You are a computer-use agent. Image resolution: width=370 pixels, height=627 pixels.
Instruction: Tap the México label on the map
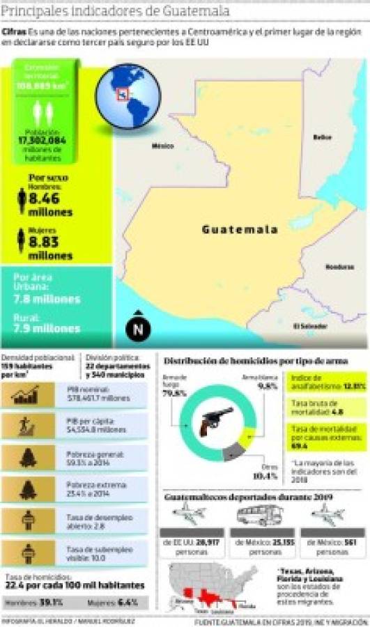point(162,146)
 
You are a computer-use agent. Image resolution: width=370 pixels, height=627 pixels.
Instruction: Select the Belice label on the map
point(321,137)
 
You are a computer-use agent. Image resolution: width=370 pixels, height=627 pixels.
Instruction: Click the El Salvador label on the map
point(305,325)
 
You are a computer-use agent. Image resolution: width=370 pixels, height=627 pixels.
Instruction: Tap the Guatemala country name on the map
point(240,229)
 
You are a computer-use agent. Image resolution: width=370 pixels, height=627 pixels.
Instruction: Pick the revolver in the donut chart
point(216,422)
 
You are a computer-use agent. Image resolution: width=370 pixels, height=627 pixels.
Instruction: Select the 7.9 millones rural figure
point(46,327)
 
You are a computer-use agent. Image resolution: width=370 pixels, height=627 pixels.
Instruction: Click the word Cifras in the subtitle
point(14,32)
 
